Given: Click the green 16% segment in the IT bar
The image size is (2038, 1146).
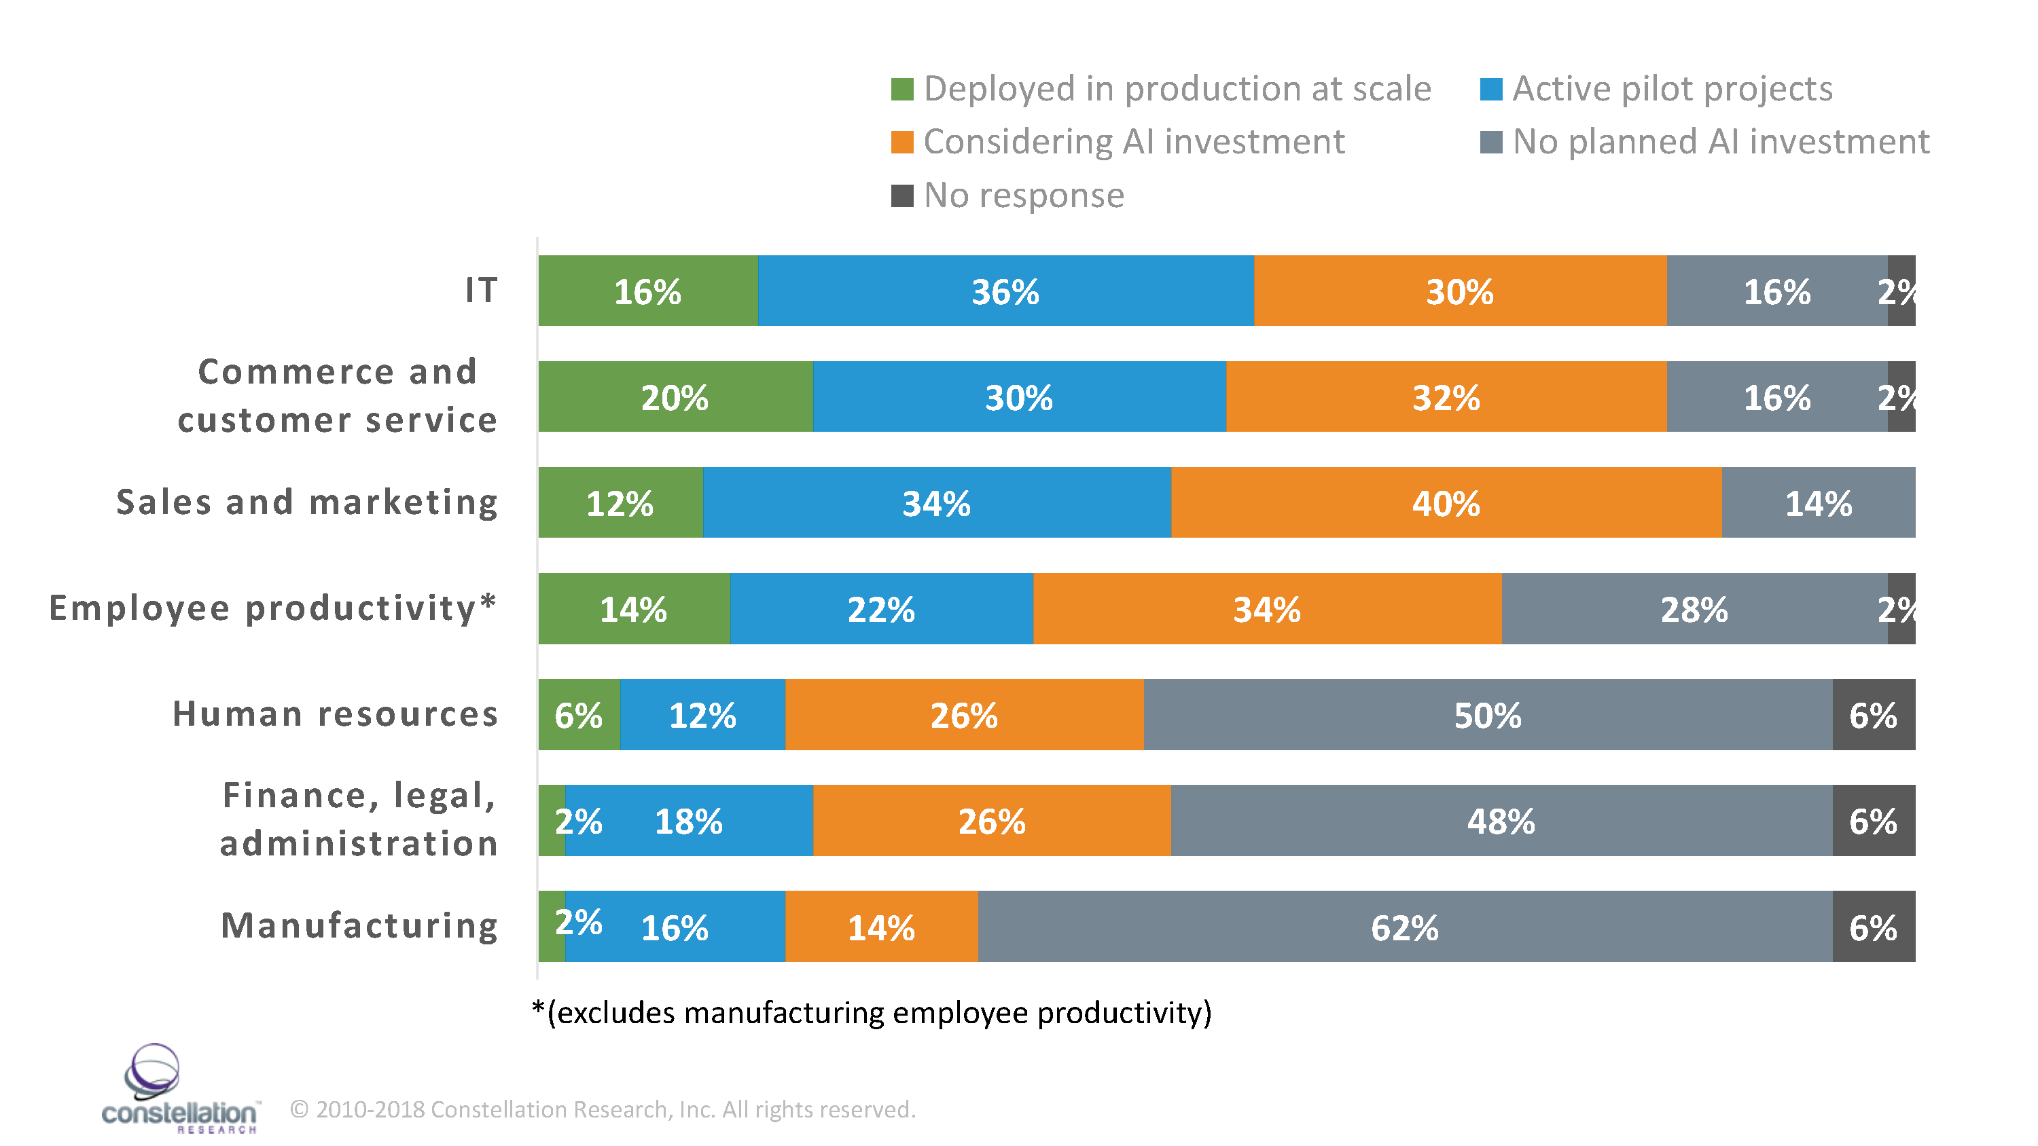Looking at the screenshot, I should [647, 291].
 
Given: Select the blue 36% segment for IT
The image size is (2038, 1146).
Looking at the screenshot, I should [1005, 291].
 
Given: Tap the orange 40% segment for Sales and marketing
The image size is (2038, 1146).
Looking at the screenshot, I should [1446, 503].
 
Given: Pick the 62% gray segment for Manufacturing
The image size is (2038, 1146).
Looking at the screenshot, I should [1404, 927].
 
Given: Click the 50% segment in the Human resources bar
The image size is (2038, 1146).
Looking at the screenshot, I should [1486, 715].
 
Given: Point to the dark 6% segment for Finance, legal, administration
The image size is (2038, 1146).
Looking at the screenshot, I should [1873, 821].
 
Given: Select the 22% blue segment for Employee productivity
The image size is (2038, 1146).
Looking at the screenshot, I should [880, 609].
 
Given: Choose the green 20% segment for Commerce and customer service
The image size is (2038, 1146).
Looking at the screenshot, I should [675, 397].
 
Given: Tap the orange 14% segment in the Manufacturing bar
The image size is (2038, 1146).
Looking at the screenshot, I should [880, 927].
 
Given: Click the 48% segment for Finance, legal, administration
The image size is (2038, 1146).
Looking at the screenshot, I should [1501, 821].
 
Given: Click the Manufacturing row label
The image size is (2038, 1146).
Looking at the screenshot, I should [359, 925].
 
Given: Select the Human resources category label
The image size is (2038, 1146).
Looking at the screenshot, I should [336, 714].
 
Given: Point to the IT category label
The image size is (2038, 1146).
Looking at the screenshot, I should [481, 291].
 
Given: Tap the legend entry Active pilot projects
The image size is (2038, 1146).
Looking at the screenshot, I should [1672, 88].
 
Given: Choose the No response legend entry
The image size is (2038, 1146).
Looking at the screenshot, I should [1023, 196].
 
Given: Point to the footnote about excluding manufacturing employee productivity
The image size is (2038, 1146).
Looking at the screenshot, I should [871, 1013].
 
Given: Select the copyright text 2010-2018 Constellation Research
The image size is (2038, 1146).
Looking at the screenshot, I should [603, 1109].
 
